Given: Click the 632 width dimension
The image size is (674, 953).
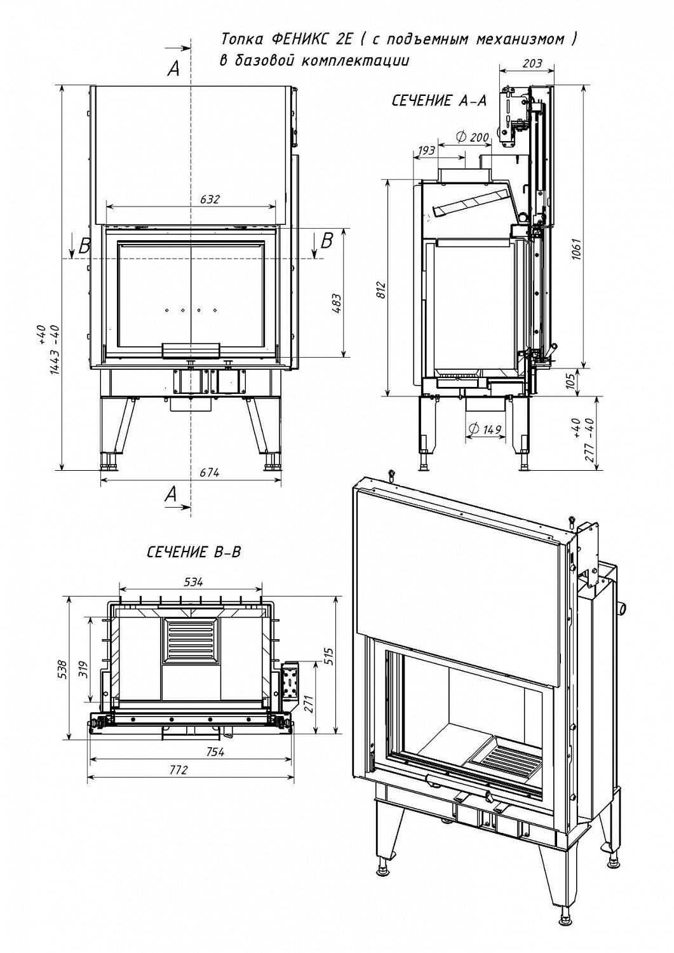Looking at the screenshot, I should click(x=210, y=199).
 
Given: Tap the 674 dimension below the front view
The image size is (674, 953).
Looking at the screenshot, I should click(x=210, y=472).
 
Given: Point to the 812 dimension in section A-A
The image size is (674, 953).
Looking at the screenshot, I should click(x=381, y=291).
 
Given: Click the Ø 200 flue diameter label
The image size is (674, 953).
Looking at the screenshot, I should click(x=473, y=137).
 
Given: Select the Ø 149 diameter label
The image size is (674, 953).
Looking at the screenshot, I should click(x=485, y=429).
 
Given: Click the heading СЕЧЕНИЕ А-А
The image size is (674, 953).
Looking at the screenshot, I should click(x=438, y=102).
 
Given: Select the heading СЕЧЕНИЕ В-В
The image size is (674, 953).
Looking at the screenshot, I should click(x=194, y=552).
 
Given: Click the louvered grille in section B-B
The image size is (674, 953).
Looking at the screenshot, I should click(x=191, y=640).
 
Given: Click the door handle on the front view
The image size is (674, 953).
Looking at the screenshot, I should click(x=191, y=349).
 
